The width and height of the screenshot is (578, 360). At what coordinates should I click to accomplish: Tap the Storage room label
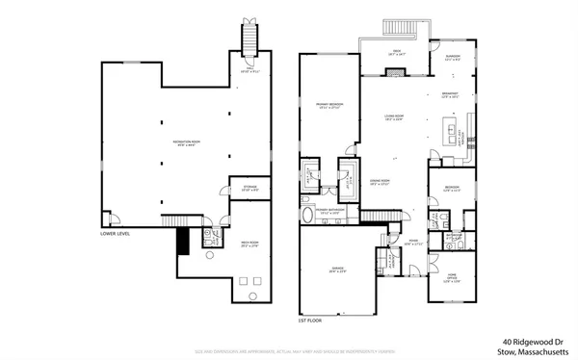pos(249,190)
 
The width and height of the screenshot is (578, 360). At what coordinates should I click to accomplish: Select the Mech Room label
pos(250,245)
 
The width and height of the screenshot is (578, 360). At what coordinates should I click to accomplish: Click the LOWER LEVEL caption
pos(117,233)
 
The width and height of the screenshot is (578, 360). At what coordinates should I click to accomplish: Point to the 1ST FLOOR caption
pos(311,319)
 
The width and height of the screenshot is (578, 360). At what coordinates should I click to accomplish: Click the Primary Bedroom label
pos(329,106)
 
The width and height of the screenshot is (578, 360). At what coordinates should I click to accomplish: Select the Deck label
pos(395,55)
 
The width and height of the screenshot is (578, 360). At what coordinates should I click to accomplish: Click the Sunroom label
pos(452,59)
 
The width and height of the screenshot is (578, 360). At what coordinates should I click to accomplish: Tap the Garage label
pos(338,270)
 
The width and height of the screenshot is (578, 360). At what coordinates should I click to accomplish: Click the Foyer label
pos(411,243)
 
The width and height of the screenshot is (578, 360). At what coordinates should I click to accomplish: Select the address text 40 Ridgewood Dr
pos(530,340)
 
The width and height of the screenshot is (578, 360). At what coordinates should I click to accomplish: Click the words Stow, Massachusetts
pos(530,352)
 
